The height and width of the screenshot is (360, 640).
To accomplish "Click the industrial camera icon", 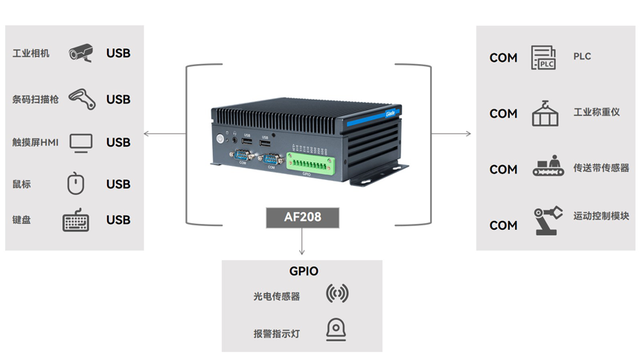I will pyautogui.click(x=81, y=53).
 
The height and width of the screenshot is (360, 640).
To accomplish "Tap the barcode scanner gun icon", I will pyautogui.click(x=81, y=99).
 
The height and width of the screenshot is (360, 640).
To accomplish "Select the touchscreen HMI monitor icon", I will pyautogui.click(x=81, y=142).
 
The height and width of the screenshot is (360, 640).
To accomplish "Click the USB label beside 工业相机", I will pyautogui.click(x=118, y=54).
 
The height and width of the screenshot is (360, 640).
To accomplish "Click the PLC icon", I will pyautogui.click(x=543, y=57).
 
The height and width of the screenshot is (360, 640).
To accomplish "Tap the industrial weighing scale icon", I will pyautogui.click(x=545, y=113).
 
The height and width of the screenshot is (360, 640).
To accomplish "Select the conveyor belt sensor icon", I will pyautogui.click(x=548, y=167).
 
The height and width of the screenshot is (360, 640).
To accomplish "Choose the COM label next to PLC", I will pyautogui.click(x=503, y=58).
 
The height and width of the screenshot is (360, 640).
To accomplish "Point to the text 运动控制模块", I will pyautogui.click(x=601, y=216).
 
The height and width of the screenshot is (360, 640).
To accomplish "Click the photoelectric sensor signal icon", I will pyautogui.click(x=337, y=295).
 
